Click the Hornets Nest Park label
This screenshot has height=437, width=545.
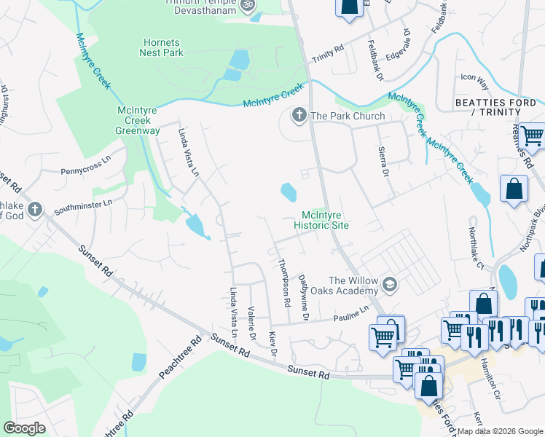tap(162, 47)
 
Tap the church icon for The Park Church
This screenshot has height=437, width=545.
tap(298, 115)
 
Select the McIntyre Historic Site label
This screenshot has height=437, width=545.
tap(321, 220)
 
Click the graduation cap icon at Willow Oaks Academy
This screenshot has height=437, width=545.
tap(390, 285)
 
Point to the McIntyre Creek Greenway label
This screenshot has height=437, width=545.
tap(138, 120)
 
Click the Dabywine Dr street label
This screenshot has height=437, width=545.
tap(304, 298)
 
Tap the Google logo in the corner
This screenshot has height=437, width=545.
tap(24, 428)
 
